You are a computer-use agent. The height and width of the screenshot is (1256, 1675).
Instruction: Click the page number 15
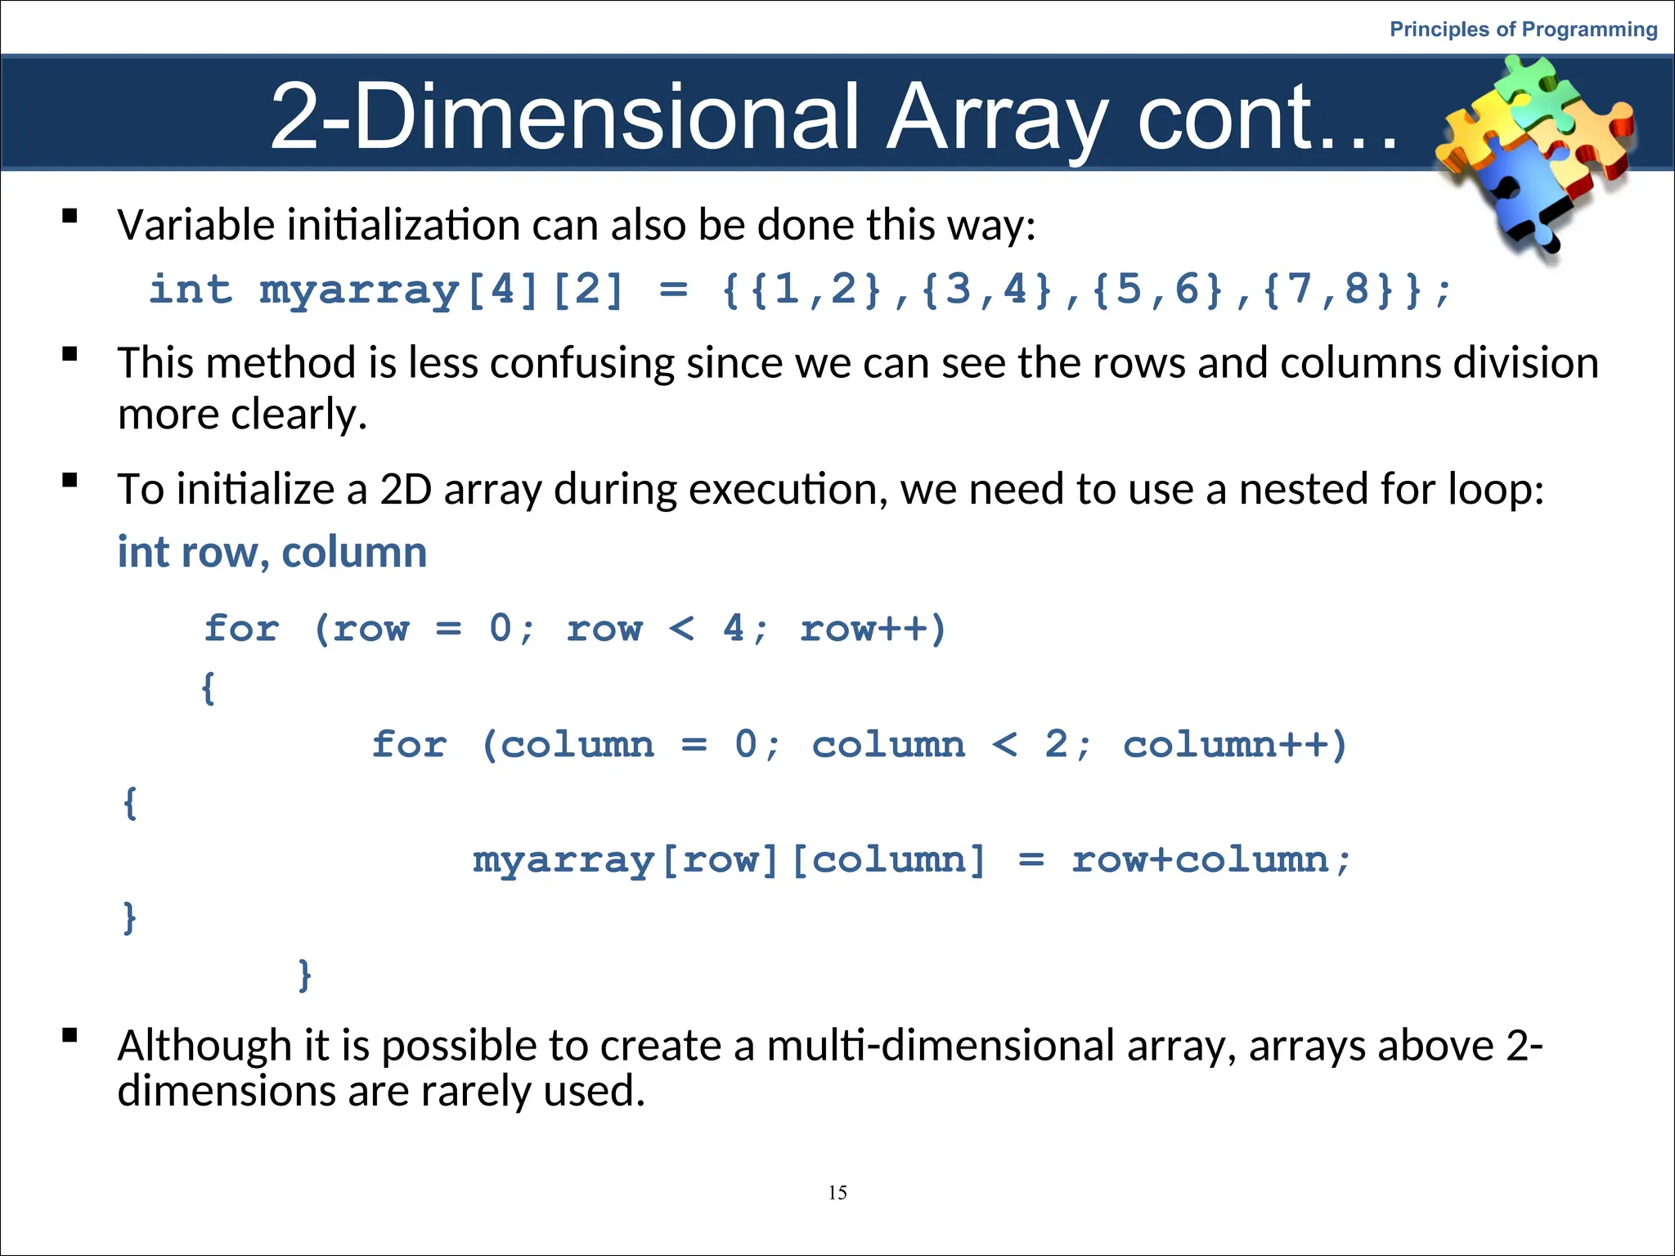coord(837,1192)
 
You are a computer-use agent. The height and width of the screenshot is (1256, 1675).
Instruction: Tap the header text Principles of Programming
coord(1523,29)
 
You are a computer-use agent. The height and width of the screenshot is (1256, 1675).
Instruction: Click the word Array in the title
coord(998,117)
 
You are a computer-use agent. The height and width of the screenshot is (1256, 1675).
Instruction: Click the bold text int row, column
coord(272,552)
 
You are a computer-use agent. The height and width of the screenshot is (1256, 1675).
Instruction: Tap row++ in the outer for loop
coord(871,629)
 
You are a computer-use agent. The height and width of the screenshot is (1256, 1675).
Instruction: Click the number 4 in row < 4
coord(734,629)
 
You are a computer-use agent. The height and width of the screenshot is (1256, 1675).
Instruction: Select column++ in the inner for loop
coord(1233,745)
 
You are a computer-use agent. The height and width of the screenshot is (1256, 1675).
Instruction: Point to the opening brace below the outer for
coord(209,687)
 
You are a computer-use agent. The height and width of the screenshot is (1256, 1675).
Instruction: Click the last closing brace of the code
coord(304,975)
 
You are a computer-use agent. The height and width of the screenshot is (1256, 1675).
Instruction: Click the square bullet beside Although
coord(70,1035)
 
